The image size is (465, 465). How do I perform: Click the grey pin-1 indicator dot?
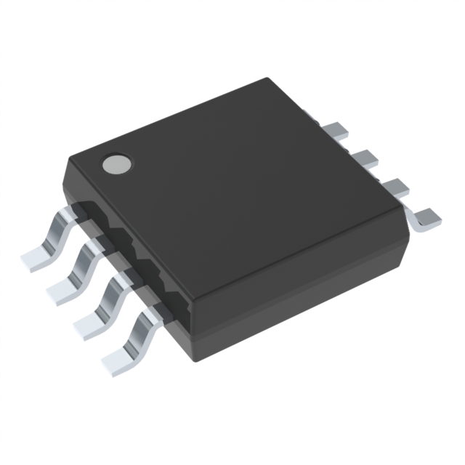coord(116,165)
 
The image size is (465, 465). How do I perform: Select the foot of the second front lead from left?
coord(63,290)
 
